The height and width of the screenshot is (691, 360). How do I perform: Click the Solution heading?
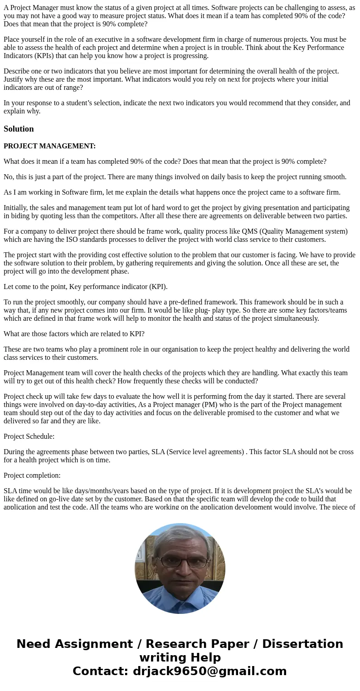point(19,129)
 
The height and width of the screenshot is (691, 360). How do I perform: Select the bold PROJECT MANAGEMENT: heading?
point(49,146)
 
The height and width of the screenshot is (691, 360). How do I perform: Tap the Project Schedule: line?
point(29,436)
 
